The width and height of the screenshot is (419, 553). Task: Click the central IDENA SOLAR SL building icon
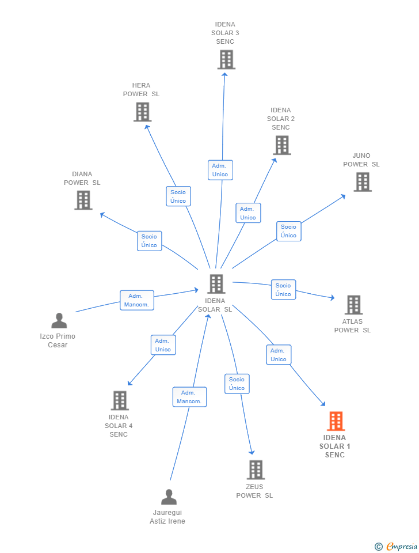(x=216, y=284)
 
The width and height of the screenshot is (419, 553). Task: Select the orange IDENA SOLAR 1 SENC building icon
(x=336, y=421)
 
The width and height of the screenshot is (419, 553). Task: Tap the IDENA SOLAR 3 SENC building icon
(x=226, y=59)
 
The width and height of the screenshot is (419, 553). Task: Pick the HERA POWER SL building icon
(x=142, y=112)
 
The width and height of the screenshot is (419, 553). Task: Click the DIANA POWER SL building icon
(x=83, y=200)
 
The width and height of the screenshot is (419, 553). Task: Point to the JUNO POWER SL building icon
(x=362, y=182)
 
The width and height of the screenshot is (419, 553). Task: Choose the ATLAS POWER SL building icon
(x=353, y=305)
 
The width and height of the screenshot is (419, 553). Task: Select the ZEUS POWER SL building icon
(x=256, y=469)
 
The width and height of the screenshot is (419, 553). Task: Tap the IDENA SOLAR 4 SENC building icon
(x=119, y=400)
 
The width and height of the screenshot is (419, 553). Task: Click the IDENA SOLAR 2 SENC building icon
(x=281, y=145)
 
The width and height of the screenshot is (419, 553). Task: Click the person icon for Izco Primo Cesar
(x=59, y=321)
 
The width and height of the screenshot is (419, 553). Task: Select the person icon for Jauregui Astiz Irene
(x=169, y=497)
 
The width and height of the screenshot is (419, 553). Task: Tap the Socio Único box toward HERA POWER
(x=178, y=196)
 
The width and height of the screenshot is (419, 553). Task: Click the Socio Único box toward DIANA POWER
(x=149, y=241)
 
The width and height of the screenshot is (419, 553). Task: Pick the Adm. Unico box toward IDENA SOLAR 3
(x=220, y=170)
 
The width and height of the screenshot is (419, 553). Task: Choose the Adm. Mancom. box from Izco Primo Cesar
(x=137, y=300)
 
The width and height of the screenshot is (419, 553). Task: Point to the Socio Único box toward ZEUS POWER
(x=237, y=384)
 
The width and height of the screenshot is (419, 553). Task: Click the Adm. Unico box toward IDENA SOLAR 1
(x=279, y=355)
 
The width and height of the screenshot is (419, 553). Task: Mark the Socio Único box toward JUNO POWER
(x=288, y=231)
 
